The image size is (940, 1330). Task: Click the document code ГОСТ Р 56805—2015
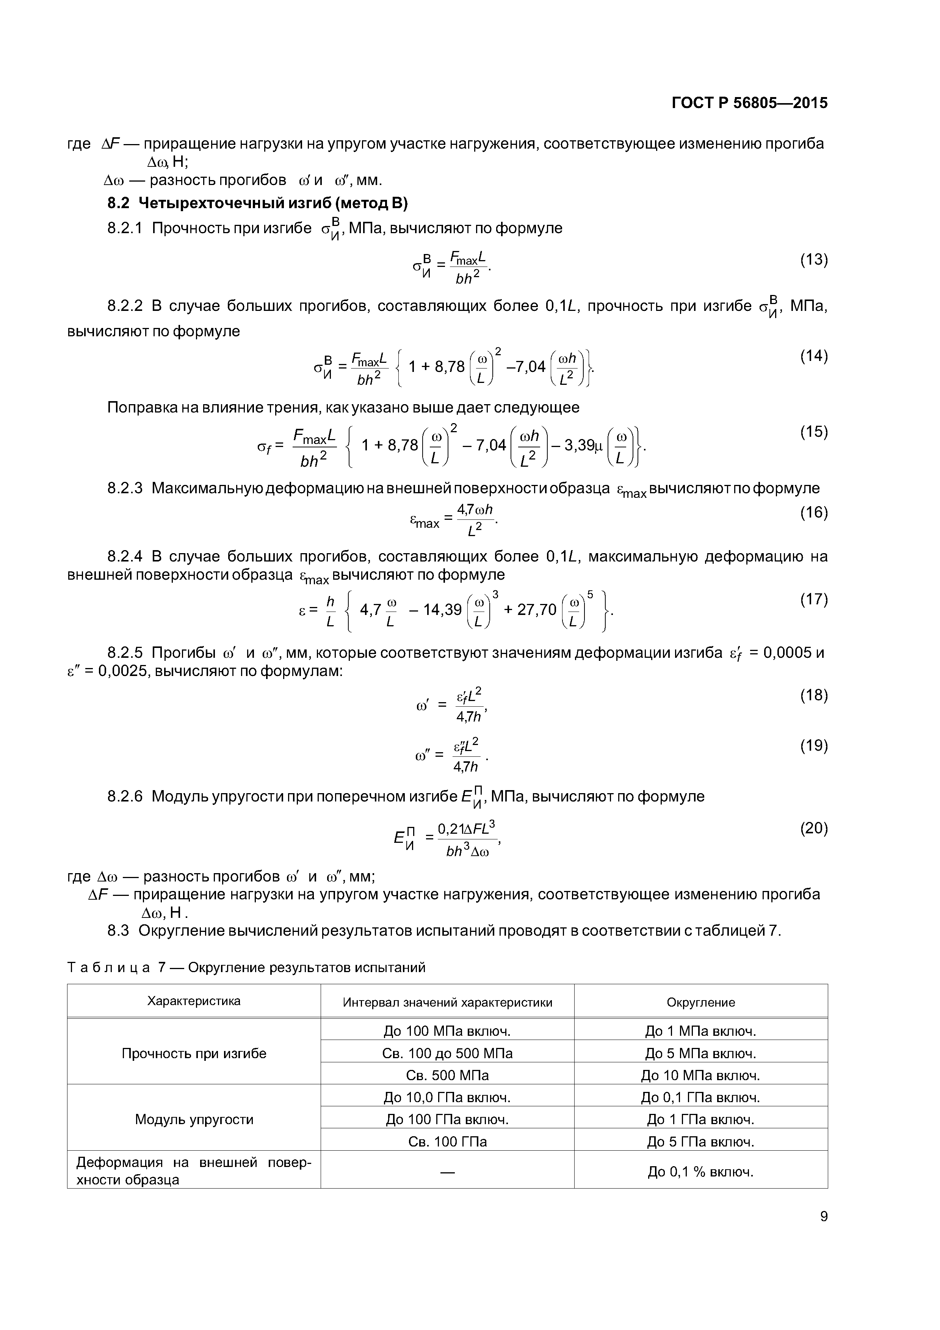749,103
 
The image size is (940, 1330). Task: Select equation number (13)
814,259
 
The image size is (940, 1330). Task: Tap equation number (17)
814,599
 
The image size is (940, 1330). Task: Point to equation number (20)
814,828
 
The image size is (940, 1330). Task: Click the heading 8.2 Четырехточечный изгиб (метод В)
257,203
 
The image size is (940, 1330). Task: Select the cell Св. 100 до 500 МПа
447,1054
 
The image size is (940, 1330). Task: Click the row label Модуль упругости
194,1120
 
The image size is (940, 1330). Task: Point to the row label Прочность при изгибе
194,1054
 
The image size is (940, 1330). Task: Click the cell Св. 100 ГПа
447,1142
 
